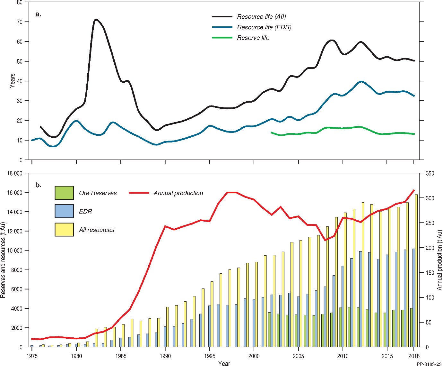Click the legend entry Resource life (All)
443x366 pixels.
click(x=261, y=17)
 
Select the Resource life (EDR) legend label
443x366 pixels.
click(x=264, y=27)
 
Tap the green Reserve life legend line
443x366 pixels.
click(x=222, y=38)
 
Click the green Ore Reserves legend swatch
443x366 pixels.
click(x=64, y=193)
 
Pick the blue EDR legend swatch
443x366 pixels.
click(x=64, y=211)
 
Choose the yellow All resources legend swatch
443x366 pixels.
click(x=64, y=230)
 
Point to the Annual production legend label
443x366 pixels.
click(x=178, y=193)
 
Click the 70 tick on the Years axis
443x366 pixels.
click(x=20, y=22)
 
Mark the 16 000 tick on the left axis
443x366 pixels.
click(x=15, y=193)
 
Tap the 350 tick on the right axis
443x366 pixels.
click(x=430, y=174)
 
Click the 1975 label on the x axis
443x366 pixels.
click(x=31, y=356)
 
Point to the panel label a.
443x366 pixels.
click(x=38, y=14)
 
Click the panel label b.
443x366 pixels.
click(x=38, y=185)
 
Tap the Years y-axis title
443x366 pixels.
click(x=12, y=81)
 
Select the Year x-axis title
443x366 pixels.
click(x=224, y=363)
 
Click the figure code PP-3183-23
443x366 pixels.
click(x=429, y=364)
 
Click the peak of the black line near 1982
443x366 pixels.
click(x=96, y=20)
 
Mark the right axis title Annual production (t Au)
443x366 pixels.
click(x=439, y=260)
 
